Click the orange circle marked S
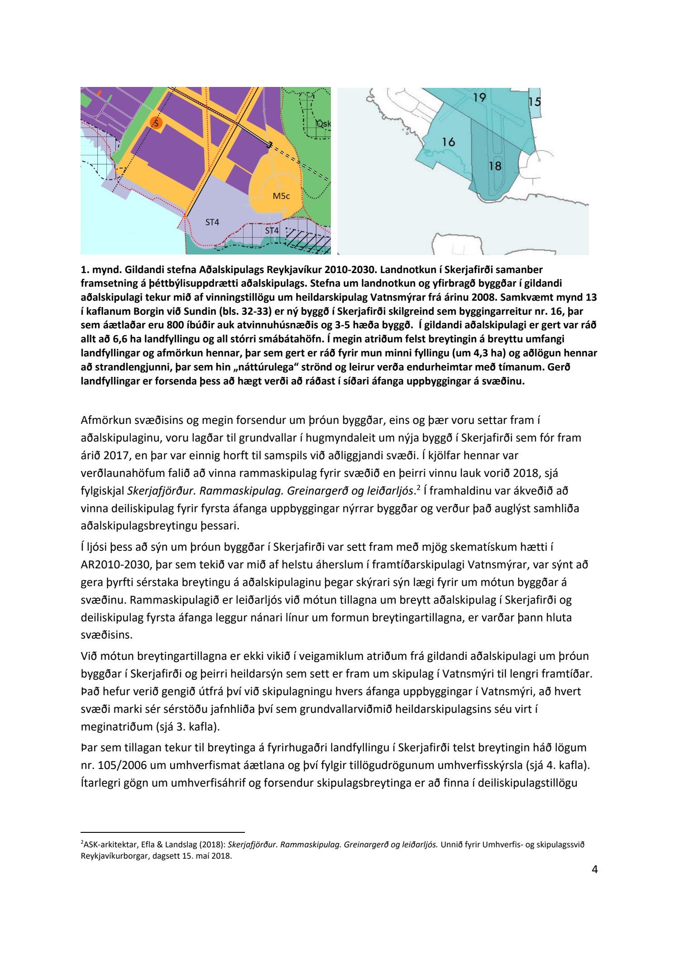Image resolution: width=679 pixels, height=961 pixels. tap(156, 123)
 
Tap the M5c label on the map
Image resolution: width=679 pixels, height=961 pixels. tap(281, 196)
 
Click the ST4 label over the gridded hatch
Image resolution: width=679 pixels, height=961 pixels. tap(272, 231)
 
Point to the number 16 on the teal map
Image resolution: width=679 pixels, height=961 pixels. tap(448, 142)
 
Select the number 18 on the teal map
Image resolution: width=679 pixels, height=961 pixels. tap(495, 166)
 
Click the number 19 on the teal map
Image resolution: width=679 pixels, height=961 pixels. tap(479, 97)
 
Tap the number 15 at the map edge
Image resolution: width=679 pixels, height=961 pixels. tap(535, 101)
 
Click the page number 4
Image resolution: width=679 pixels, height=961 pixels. tap(595, 882)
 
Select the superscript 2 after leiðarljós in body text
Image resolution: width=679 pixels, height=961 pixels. tap(419, 487)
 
